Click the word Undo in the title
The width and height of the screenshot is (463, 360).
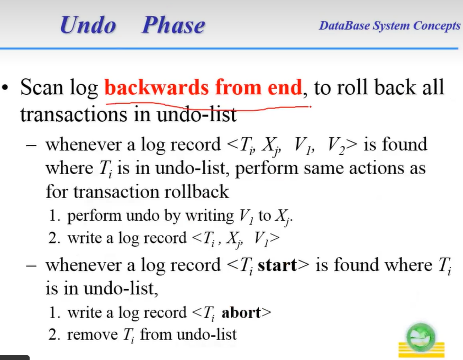click(x=88, y=25)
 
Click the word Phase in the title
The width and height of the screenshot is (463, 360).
click(x=173, y=25)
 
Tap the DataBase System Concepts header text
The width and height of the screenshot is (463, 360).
click(x=389, y=26)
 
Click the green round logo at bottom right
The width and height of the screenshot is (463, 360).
click(x=421, y=336)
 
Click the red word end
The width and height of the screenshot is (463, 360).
click(x=285, y=87)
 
